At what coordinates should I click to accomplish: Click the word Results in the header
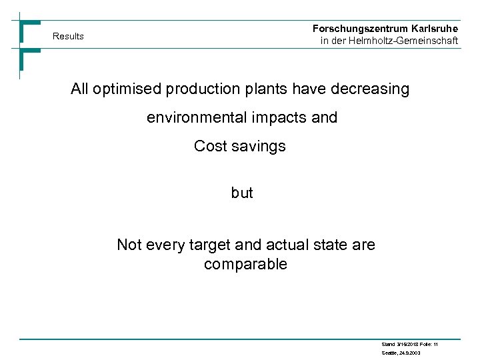click(x=68, y=36)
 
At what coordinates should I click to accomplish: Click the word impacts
click(x=279, y=118)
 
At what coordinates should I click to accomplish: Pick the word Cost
click(x=210, y=146)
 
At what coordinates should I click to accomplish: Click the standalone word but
click(x=242, y=193)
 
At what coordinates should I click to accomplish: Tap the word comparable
click(x=245, y=265)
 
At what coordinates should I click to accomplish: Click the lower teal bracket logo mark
click(x=29, y=59)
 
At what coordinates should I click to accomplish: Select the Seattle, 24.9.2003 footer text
click(x=401, y=353)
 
